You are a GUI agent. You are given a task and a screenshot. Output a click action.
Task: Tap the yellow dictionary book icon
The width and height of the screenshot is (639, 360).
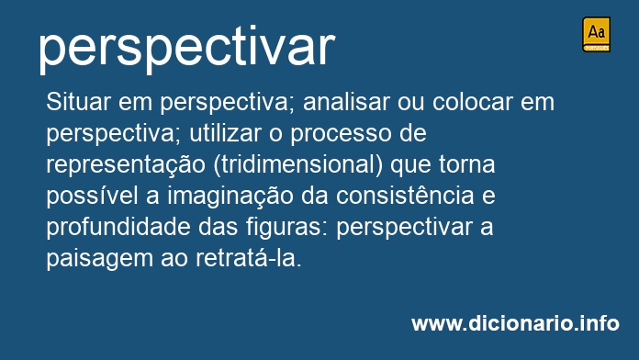pos(596,34)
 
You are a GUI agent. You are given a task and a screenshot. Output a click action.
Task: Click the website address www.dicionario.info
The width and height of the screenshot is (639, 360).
pos(515,323)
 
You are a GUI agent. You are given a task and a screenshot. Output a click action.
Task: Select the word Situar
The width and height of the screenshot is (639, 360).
pos(78,102)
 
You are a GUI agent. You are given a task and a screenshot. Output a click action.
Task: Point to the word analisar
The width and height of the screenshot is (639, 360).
pos(346,102)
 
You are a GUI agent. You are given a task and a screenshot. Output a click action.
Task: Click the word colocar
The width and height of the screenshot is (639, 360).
pos(472,102)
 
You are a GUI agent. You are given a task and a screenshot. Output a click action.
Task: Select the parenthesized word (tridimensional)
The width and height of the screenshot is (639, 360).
pos(298,165)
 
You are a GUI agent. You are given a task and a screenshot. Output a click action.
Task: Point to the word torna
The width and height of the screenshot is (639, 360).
pos(467,164)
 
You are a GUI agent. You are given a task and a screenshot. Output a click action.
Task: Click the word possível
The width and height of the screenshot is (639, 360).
pos(92,197)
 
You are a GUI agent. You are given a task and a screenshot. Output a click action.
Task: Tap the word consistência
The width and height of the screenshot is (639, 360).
pos(405,197)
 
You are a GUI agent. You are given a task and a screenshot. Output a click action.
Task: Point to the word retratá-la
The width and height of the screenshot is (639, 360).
pos(249,258)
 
